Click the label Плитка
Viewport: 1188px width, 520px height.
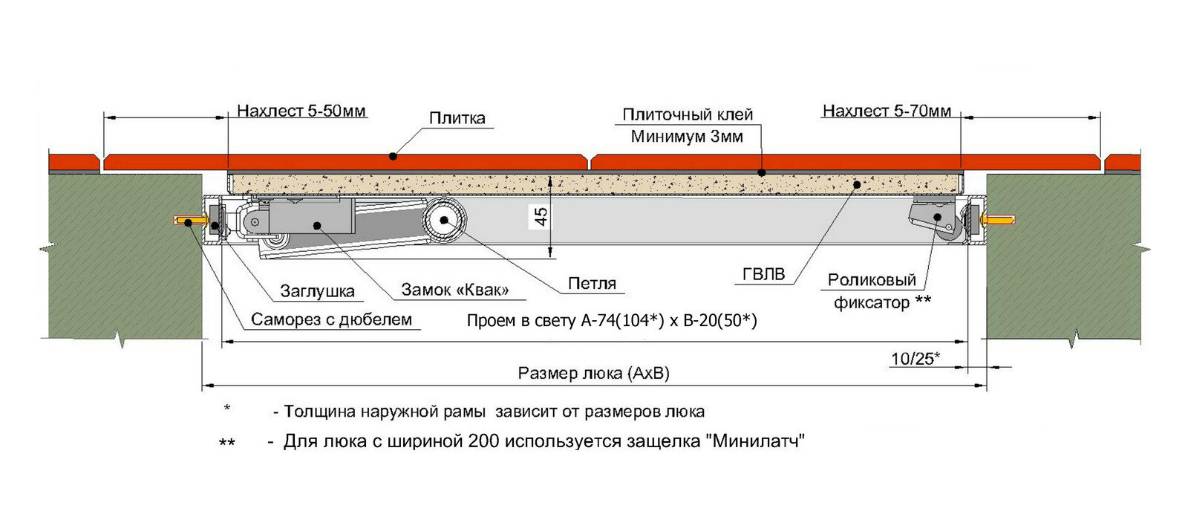[457, 118]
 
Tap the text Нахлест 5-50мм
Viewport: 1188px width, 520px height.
[301, 111]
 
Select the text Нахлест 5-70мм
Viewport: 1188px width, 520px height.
[887, 111]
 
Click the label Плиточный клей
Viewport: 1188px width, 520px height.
[688, 114]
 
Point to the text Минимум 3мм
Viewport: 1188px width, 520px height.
[687, 137]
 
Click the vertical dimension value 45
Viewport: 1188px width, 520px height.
[541, 216]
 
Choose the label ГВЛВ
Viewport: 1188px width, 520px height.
[763, 274]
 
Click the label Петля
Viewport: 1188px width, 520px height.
[592, 283]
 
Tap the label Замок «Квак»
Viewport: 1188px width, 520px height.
[455, 290]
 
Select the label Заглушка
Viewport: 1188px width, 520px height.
[317, 291]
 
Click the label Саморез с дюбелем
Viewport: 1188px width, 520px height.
[331, 320]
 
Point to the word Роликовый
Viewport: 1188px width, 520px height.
[872, 280]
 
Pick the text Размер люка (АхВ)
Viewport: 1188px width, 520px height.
[593, 373]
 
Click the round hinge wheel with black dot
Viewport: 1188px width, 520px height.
[444, 220]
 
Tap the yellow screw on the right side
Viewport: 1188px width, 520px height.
[996, 221]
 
